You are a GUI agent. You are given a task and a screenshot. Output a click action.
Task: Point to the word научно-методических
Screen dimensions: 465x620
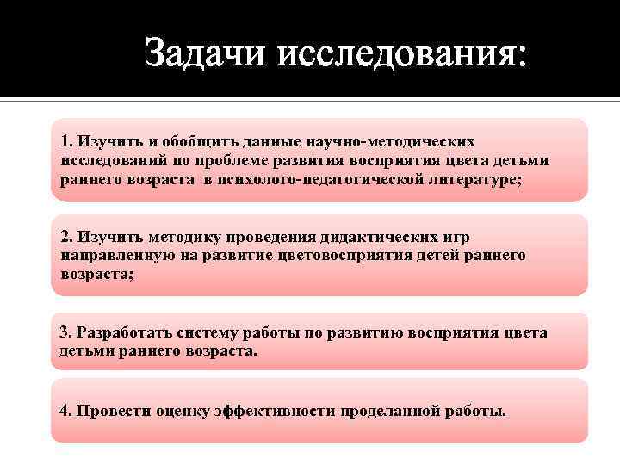[x=404, y=140]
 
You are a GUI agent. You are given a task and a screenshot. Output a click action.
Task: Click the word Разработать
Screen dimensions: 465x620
[x=121, y=332]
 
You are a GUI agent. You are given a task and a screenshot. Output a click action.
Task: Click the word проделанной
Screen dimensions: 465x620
[x=399, y=411]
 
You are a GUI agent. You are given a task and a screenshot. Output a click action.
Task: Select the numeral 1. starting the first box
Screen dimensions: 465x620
[x=66, y=140]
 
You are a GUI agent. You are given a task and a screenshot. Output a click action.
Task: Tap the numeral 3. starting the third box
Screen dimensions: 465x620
[x=65, y=332]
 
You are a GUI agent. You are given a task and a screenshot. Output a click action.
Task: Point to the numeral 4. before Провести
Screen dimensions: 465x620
[x=66, y=411]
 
